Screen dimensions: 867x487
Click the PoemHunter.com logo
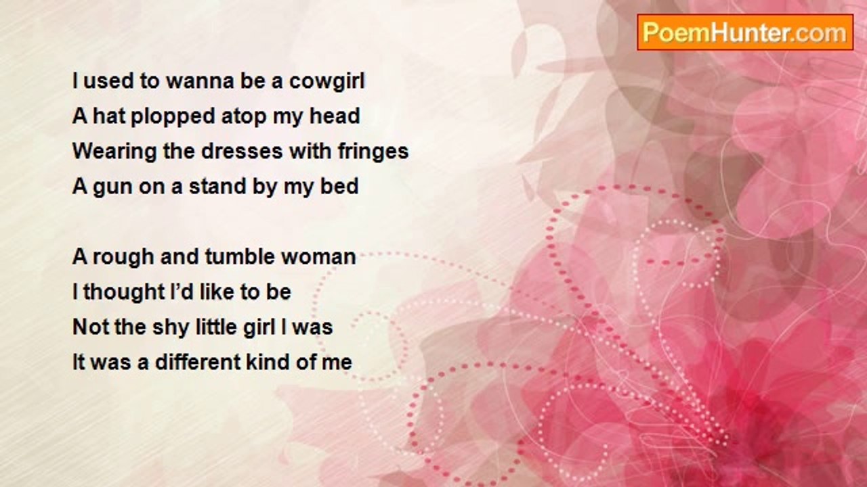coord(745,32)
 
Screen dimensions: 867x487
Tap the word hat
coord(109,116)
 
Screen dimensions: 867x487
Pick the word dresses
coord(242,151)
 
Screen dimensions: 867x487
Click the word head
coord(335,116)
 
